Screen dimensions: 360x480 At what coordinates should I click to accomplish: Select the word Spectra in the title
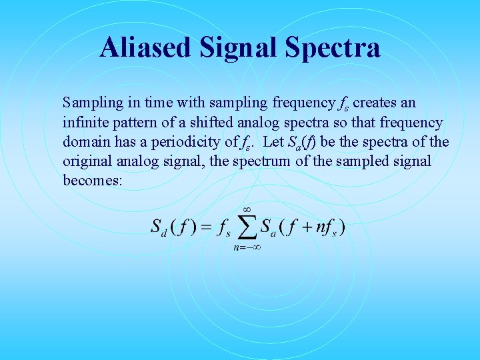point(333,48)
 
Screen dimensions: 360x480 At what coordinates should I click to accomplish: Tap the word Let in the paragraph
point(273,142)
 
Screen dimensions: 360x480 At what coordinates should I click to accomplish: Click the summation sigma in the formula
point(247,227)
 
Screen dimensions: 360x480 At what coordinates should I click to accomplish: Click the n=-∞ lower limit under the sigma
point(246,247)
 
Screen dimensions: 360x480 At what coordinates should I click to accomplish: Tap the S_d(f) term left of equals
point(172,227)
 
